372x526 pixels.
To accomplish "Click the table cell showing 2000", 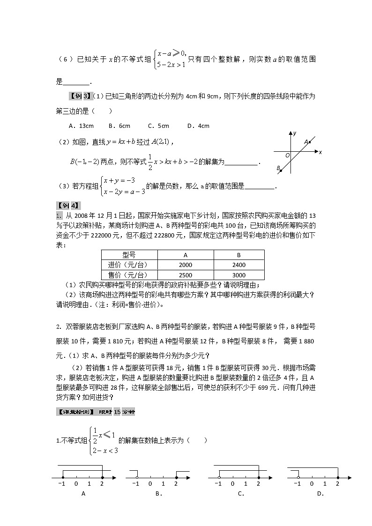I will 186,265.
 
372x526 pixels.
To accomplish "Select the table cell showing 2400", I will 239,265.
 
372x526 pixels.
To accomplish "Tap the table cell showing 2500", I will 186,275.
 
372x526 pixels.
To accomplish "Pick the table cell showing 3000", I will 239,275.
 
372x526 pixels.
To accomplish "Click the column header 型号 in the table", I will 129,255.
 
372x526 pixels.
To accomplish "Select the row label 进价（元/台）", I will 129,265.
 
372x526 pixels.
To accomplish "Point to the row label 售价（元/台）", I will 129,275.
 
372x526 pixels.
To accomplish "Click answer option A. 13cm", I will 81,126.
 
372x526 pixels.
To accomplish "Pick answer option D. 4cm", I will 198,126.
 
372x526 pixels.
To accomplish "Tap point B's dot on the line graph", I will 281,171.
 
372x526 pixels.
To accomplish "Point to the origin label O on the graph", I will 287,155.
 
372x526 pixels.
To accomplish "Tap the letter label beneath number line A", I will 83,493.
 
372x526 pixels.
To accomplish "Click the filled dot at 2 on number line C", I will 258,477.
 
